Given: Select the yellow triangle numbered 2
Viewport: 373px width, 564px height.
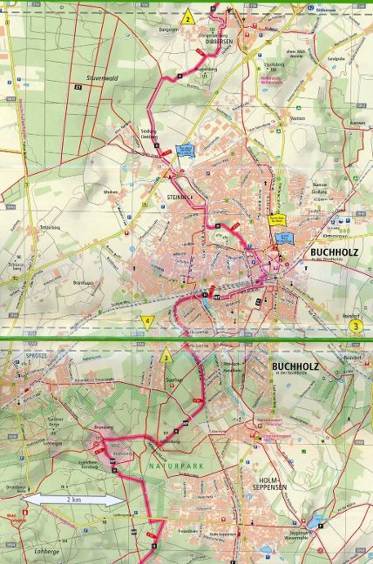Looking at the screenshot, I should coord(186,17).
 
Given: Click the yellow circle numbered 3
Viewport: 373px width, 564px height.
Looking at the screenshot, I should coord(356,326).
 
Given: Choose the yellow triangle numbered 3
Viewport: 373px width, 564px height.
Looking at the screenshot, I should coord(166,356).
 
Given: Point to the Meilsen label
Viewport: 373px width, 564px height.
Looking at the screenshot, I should coord(111,192).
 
